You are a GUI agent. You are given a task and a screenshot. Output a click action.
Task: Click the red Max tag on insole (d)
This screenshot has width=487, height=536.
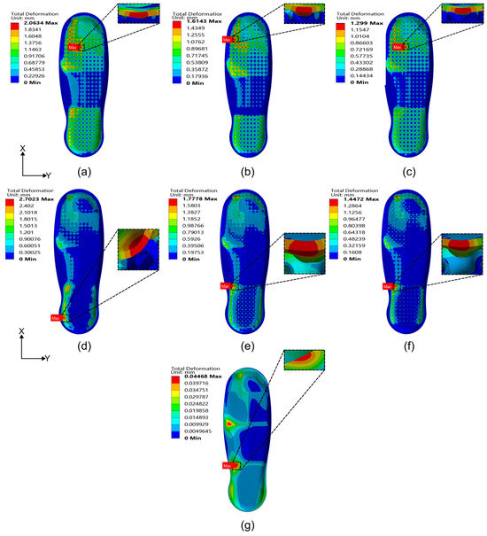57,317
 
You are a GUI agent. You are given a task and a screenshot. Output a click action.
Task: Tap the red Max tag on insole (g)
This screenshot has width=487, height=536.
228,465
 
